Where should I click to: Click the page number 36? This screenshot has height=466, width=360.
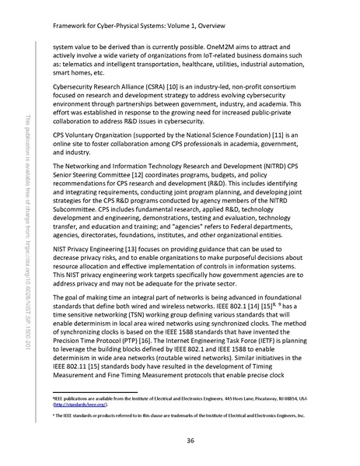pyautogui.click(x=190, y=440)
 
